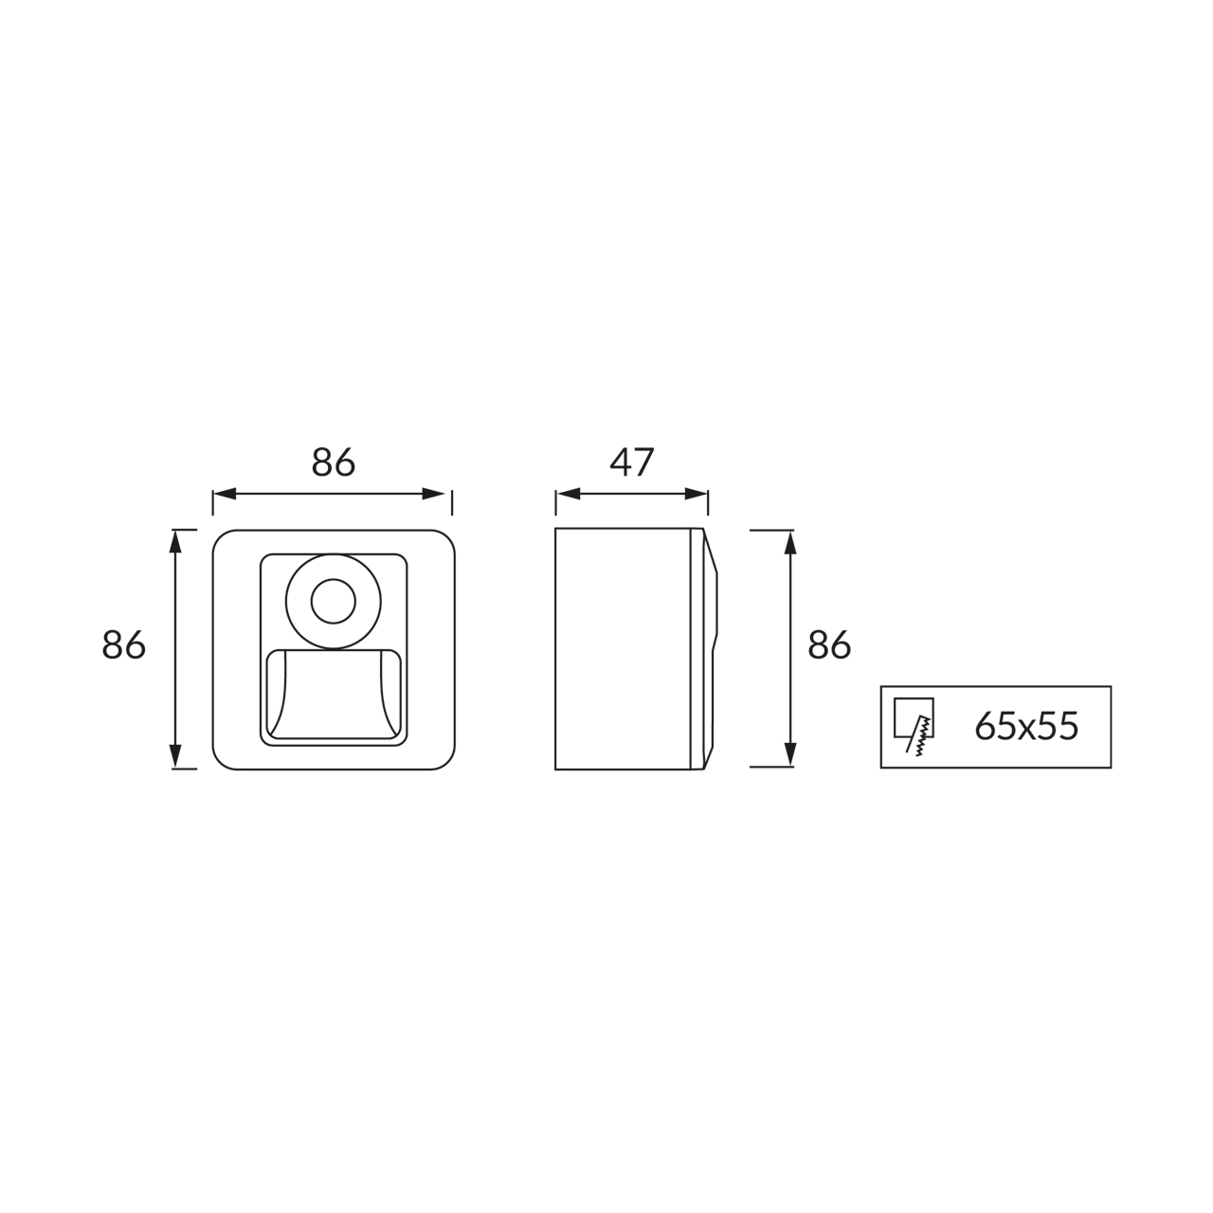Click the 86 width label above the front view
coord(333,462)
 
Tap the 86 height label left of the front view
coord(123,645)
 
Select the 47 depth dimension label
coord(632,462)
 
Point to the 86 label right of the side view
coord(829,645)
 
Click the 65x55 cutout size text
coord(1026,727)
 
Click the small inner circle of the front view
coord(334,601)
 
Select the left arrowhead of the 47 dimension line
coord(567,494)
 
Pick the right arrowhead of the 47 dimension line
coord(697,494)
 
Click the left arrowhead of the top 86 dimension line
coord(225,494)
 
